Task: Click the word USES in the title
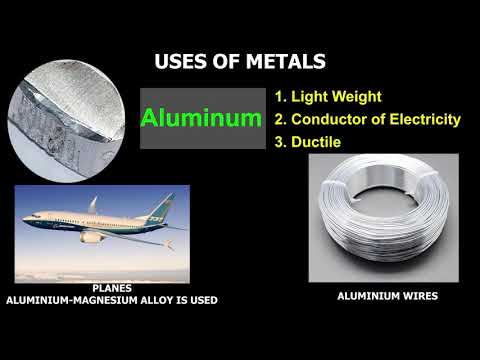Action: click(x=181, y=62)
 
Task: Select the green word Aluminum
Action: click(x=200, y=118)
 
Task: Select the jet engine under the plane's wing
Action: click(x=93, y=237)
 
